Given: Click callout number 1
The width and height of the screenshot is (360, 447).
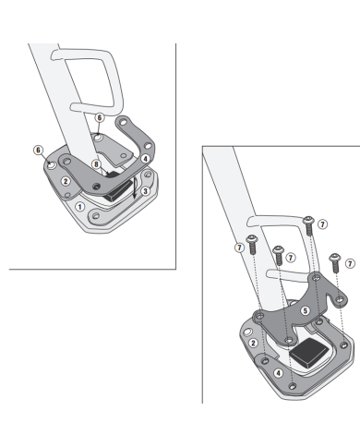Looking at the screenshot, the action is tap(79, 207).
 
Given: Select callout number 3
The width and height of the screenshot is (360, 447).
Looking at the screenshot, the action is tap(146, 191).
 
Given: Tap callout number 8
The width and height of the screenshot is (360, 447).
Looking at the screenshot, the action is tap(96, 164).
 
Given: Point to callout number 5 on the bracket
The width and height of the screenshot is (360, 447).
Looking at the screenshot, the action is tap(305, 310).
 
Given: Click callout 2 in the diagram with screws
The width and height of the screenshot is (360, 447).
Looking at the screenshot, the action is tap(253, 343).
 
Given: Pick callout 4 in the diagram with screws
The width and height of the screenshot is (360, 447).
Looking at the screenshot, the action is tap(279, 373).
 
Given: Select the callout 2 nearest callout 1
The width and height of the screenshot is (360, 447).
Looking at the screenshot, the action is tap(66, 181).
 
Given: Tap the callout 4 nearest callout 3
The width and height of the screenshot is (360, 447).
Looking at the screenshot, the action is tap(146, 159).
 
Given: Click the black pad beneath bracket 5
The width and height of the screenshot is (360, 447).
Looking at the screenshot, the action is tap(308, 352).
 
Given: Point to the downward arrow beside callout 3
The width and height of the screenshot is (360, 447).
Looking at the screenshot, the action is tap(134, 187).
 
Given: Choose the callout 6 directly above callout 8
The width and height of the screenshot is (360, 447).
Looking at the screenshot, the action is tap(99, 117).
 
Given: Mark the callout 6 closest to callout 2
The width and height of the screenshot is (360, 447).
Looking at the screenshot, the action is tap(38, 150).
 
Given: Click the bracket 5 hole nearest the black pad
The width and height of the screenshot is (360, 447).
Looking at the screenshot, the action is tap(289, 340).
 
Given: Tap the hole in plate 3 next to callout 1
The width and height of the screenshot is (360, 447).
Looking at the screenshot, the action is tap(96, 215).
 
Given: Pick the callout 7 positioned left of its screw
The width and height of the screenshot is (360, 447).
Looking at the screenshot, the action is tap(240, 248).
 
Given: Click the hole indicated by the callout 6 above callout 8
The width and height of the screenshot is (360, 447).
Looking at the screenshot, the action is tap(98, 138).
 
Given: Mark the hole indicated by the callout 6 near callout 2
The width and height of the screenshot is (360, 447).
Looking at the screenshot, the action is tap(52, 165).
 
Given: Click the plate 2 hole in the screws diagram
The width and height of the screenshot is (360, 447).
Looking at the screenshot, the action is tap(247, 332).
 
